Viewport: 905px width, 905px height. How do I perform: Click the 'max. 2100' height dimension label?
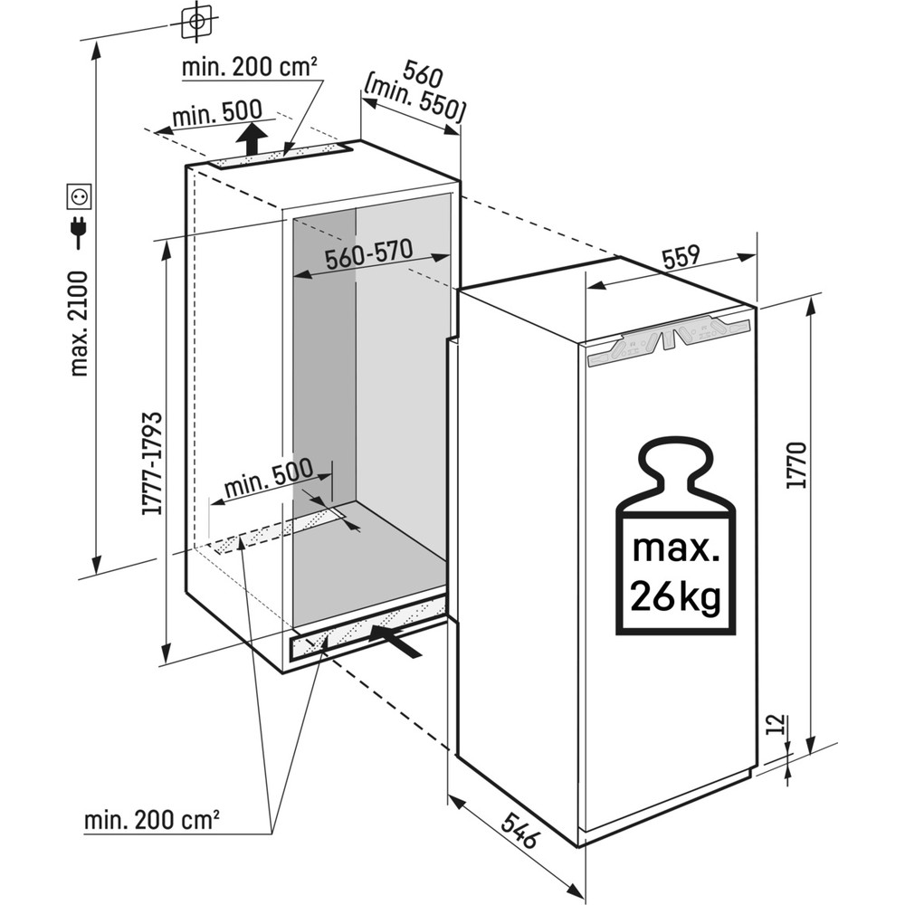[x=80, y=322]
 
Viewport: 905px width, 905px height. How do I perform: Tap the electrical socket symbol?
[x=80, y=195]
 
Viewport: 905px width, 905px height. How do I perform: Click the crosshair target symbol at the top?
[x=196, y=19]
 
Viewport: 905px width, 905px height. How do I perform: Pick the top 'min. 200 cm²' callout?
[x=249, y=68]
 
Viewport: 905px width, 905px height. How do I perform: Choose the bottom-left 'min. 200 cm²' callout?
[x=153, y=821]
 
